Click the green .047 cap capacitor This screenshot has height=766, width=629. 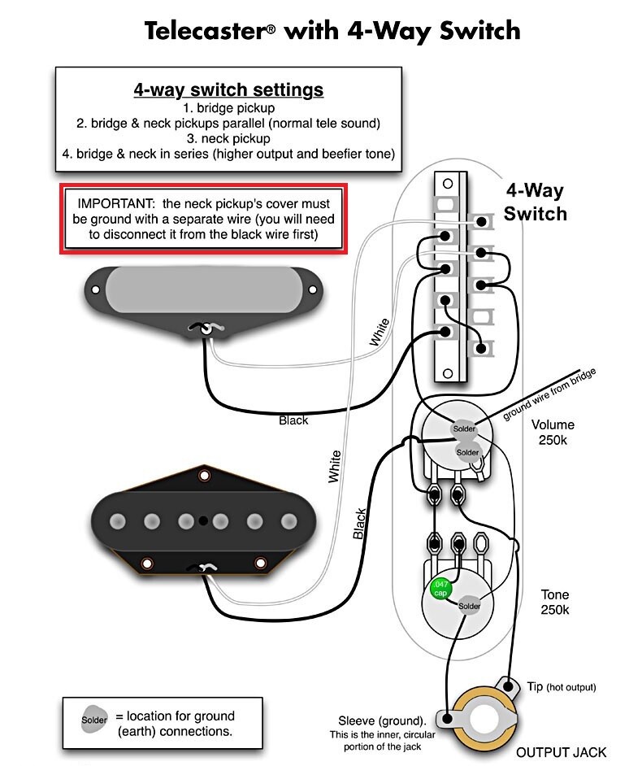[439, 589]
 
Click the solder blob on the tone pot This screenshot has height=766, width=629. [469, 606]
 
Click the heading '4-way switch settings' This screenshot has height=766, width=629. [228, 89]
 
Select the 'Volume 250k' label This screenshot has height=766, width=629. [553, 433]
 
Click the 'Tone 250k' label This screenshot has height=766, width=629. [556, 603]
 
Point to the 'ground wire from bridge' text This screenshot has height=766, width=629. [549, 394]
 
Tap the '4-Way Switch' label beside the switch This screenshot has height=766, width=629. [536, 202]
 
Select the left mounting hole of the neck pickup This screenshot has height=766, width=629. [96, 289]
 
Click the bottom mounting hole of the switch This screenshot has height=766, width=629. [445, 374]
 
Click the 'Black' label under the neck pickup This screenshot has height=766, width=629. [293, 420]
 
